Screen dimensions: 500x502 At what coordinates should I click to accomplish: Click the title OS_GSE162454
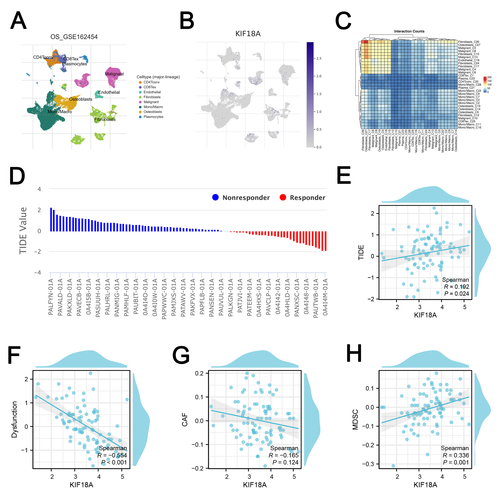[x=74, y=37]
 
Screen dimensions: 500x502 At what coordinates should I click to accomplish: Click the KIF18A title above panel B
[x=248, y=34]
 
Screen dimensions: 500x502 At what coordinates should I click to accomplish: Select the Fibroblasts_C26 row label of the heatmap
[x=468, y=42]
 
